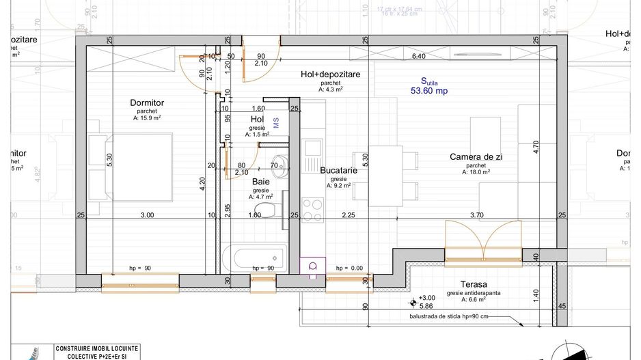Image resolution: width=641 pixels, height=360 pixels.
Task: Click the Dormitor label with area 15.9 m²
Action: (147, 103)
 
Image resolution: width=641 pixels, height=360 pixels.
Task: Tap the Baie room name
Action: (260, 182)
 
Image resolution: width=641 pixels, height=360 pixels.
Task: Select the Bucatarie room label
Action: (336, 171)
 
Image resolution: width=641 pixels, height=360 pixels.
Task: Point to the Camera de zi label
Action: (476, 157)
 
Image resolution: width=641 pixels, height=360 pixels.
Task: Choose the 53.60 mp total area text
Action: (428, 89)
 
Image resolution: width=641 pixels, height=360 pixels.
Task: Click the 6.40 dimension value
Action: (418, 56)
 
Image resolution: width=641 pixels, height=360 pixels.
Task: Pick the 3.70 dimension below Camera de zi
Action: (476, 215)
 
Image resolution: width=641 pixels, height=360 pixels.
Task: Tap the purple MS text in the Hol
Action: (276, 122)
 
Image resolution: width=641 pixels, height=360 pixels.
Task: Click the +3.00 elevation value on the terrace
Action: (427, 298)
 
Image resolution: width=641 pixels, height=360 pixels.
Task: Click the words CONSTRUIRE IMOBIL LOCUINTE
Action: (96, 348)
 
